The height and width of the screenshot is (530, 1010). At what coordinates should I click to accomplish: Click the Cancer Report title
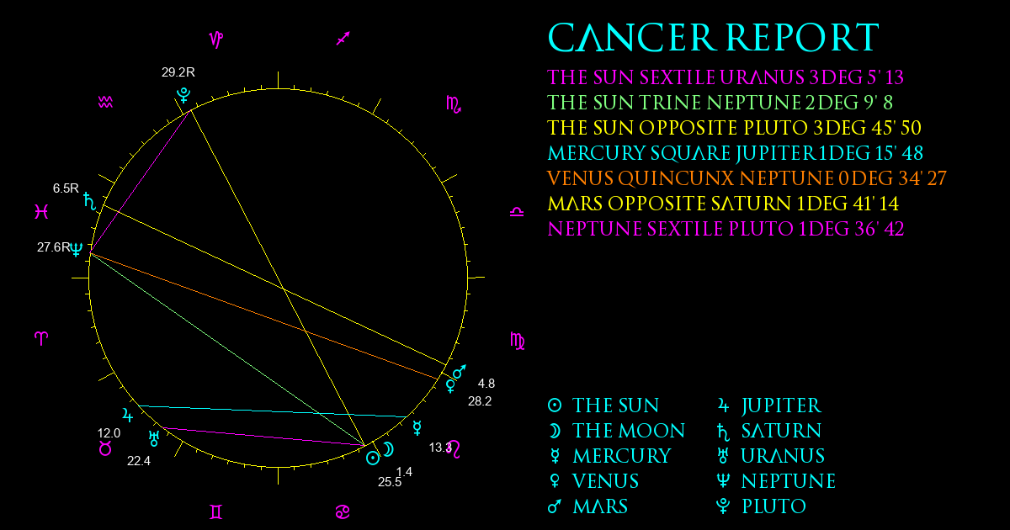click(714, 37)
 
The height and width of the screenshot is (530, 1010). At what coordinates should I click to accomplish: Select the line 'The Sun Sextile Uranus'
click(726, 77)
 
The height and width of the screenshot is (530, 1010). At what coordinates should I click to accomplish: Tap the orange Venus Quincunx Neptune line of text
click(747, 178)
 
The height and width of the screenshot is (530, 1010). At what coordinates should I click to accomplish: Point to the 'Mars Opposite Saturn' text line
click(723, 204)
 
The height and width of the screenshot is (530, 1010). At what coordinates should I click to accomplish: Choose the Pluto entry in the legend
click(761, 506)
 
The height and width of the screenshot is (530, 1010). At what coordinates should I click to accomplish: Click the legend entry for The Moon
click(616, 431)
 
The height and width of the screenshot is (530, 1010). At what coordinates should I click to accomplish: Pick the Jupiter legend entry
click(769, 405)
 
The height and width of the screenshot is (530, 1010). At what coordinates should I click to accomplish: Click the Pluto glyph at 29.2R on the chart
click(183, 96)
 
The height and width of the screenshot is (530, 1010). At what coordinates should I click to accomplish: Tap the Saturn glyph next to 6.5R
click(90, 201)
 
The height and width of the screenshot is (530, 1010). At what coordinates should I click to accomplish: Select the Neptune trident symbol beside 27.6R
click(77, 249)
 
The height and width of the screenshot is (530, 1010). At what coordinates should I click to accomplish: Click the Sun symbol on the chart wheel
click(373, 458)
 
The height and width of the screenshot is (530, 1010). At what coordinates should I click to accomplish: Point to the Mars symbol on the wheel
click(460, 372)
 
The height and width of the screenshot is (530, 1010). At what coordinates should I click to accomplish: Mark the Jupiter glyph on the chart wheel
click(128, 415)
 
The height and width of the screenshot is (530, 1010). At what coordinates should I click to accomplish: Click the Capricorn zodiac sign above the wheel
click(216, 40)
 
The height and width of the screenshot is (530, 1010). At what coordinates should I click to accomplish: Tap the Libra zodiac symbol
click(517, 212)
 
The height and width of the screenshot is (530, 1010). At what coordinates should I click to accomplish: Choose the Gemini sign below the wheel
click(216, 511)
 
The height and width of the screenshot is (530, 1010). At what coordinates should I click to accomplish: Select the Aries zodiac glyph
click(41, 338)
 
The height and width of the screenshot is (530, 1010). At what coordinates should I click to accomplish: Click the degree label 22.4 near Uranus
click(139, 461)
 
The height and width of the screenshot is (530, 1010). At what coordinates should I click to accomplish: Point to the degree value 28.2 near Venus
click(480, 401)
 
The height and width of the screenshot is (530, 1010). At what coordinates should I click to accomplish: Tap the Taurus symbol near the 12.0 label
click(105, 448)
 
